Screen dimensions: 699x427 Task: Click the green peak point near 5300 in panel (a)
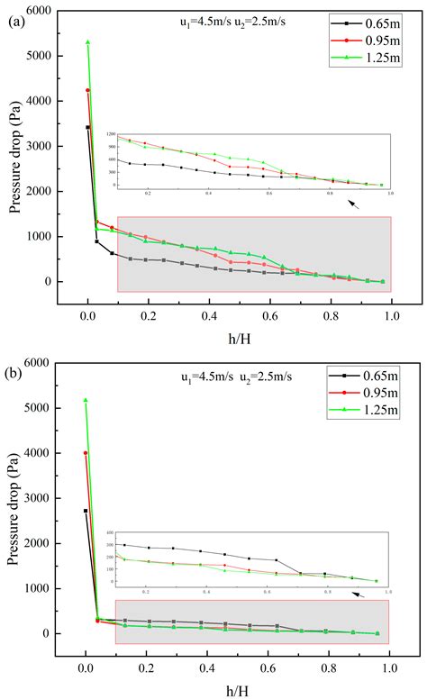[87, 41]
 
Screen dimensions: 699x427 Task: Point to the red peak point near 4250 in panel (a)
[87, 90]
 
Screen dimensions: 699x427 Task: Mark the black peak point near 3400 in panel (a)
[87, 127]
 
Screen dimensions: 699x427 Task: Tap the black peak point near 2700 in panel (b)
[86, 511]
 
